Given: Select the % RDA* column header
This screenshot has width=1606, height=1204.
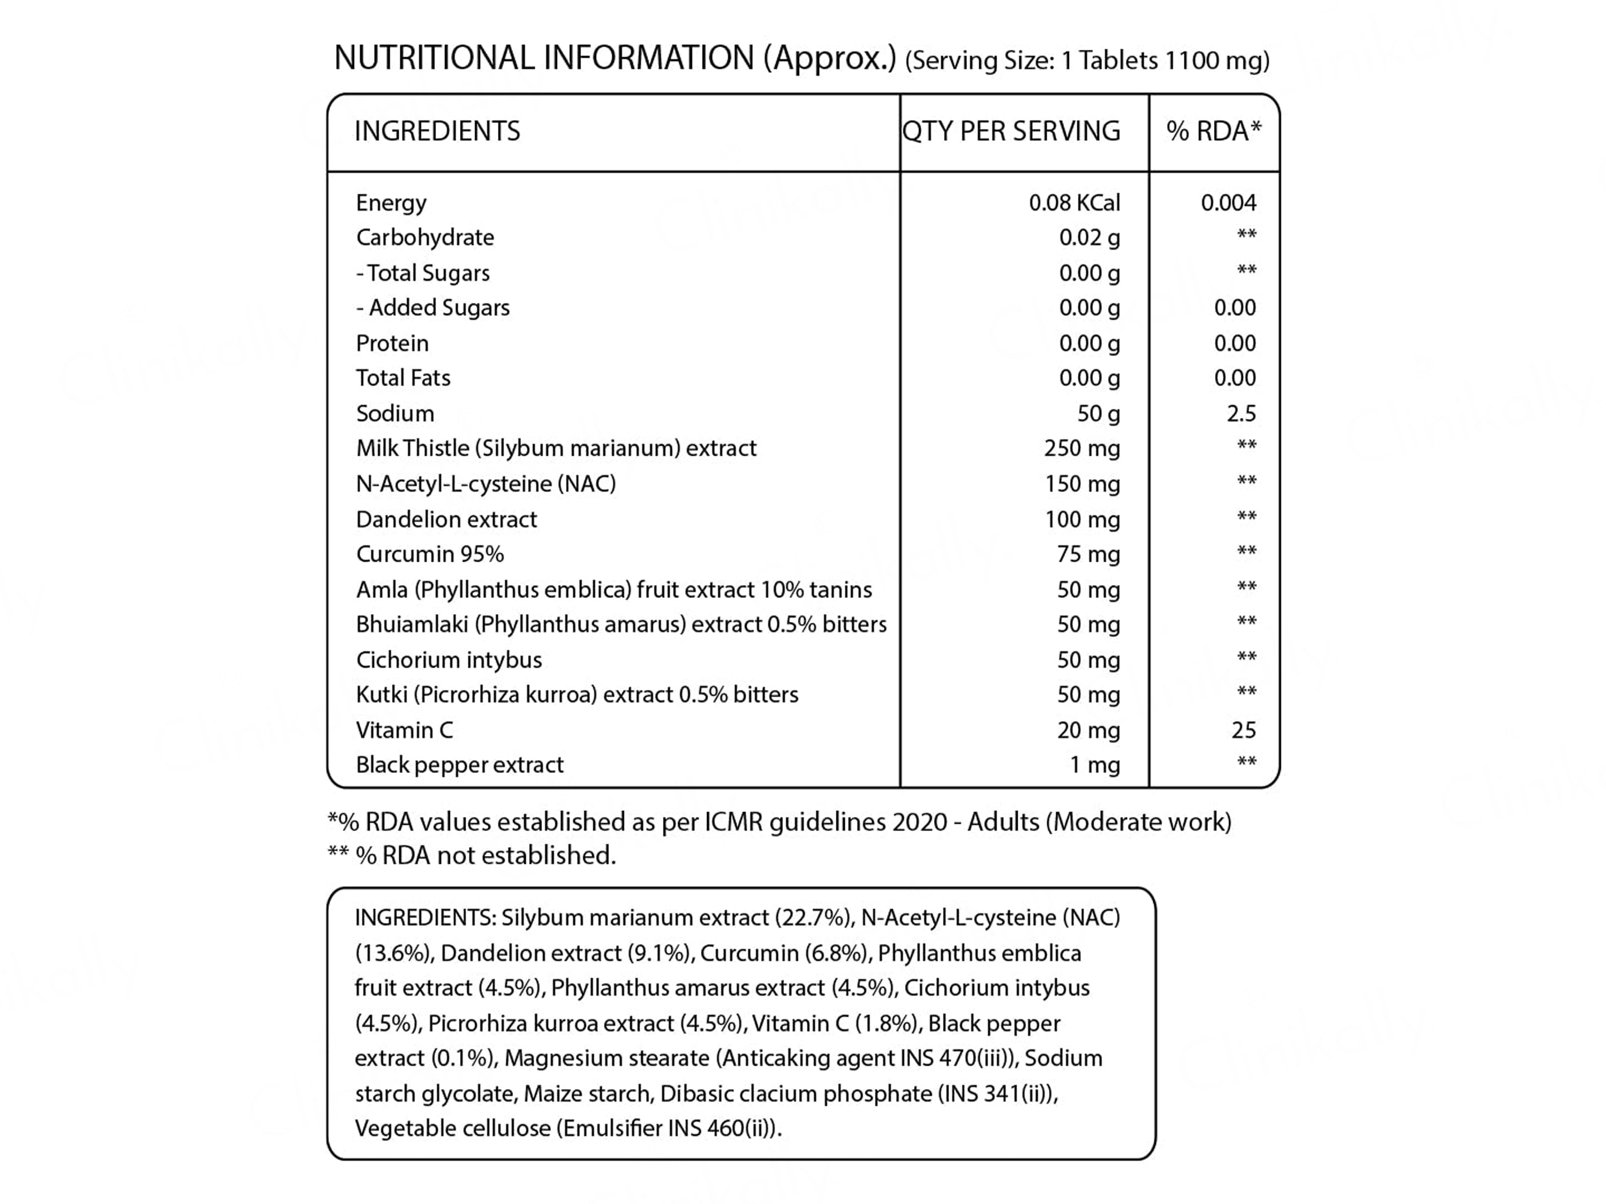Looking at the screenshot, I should (x=1213, y=131).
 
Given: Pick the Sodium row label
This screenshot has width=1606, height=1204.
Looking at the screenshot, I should (x=395, y=414).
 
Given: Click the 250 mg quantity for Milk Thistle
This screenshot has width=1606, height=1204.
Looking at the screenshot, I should (x=1082, y=448).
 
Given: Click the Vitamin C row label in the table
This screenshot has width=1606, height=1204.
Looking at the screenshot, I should (x=405, y=730).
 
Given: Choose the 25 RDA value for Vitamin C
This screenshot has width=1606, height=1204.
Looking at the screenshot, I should (x=1243, y=730).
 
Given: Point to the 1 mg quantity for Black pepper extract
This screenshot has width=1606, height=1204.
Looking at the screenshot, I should (x=1094, y=765).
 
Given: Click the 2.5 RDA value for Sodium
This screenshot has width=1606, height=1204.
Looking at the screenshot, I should (x=1241, y=414).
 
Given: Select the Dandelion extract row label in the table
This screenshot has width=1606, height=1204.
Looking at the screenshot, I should (x=447, y=520).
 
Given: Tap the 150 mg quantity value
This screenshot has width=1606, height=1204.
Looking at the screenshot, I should (x=1082, y=483).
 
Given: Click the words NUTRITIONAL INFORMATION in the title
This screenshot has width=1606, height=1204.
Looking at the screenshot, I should (x=544, y=58).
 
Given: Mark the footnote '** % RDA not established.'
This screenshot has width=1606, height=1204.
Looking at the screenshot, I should (x=472, y=855).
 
